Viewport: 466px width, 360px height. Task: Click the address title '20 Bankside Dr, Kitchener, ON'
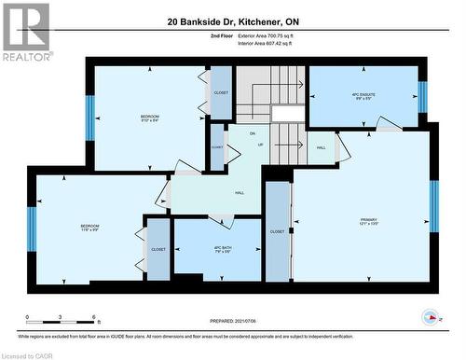pyautogui.click(x=233, y=21)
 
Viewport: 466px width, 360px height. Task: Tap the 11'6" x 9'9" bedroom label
pyautogui.click(x=89, y=228)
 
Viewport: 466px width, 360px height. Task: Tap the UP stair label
pyautogui.click(x=260, y=145)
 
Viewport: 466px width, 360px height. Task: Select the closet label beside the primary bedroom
pyautogui.click(x=278, y=231)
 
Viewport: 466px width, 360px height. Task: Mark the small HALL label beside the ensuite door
pyautogui.click(x=321, y=147)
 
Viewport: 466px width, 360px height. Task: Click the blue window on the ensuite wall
pyautogui.click(x=422, y=96)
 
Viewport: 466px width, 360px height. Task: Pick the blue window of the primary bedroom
pyautogui.click(x=433, y=205)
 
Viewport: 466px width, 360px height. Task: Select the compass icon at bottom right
pyautogui.click(x=430, y=314)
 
